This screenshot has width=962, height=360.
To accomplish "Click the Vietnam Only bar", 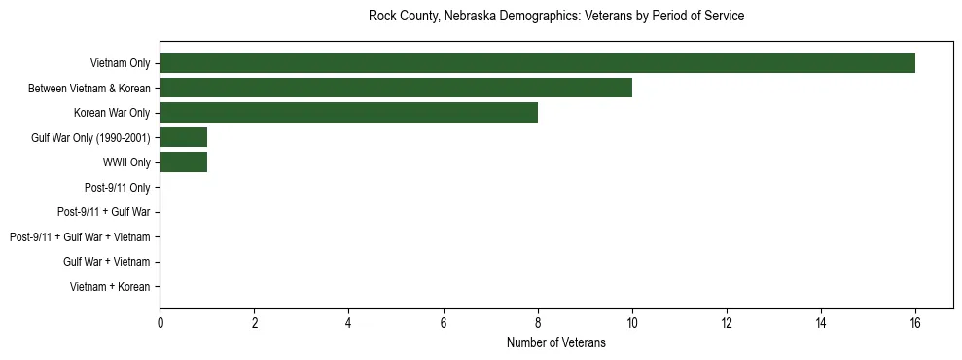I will click(x=537, y=63).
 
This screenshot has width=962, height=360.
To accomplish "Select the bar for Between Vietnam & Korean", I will click(x=396, y=89).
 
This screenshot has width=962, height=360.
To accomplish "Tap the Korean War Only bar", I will click(x=348, y=113).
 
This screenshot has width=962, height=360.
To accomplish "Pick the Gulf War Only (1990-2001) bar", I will click(x=184, y=137).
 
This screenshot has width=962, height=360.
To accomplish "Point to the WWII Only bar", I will click(x=184, y=162).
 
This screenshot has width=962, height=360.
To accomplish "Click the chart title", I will click(x=556, y=17).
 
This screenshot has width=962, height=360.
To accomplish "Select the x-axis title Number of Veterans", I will click(x=556, y=342).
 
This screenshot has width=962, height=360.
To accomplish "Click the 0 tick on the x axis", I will click(x=160, y=322).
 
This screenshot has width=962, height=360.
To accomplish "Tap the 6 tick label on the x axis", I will click(x=444, y=322).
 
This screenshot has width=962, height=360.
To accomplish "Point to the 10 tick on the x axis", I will click(x=632, y=322).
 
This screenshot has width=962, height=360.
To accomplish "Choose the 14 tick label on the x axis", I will click(x=821, y=322).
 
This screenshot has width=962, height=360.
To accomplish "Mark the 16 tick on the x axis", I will click(x=915, y=322).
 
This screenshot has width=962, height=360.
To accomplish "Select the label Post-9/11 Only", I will click(x=118, y=188).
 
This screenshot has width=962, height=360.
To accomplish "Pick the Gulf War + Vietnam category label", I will click(x=107, y=262).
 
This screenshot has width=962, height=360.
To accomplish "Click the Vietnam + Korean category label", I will click(x=110, y=287).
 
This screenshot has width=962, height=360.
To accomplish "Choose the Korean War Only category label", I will click(x=112, y=114).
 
